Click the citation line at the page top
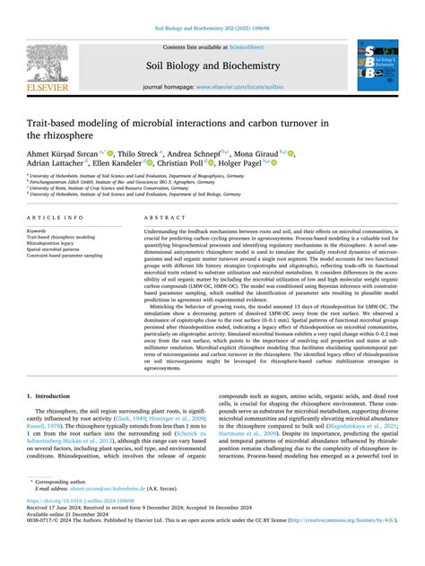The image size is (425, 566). [x=212, y=30]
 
